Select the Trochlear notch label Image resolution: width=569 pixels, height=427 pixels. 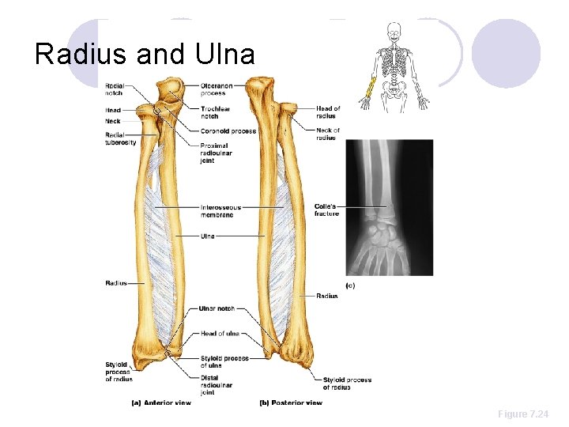(x=214, y=112)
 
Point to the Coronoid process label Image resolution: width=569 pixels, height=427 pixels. (x=228, y=130)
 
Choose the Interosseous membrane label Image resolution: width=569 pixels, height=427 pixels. (x=220, y=211)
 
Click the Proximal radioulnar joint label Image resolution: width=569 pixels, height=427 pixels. (x=214, y=152)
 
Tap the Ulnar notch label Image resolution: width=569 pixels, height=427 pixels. (x=215, y=308)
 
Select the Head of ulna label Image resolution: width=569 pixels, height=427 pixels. (x=220, y=334)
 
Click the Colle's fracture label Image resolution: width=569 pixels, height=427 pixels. (x=326, y=210)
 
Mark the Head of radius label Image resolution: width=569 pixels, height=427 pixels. (x=328, y=112)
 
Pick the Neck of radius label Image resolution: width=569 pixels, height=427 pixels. (x=327, y=134)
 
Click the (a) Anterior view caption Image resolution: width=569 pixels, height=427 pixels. (x=160, y=402)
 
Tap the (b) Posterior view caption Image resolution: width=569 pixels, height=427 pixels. (x=291, y=402)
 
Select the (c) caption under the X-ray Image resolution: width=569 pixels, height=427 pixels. (x=350, y=285)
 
